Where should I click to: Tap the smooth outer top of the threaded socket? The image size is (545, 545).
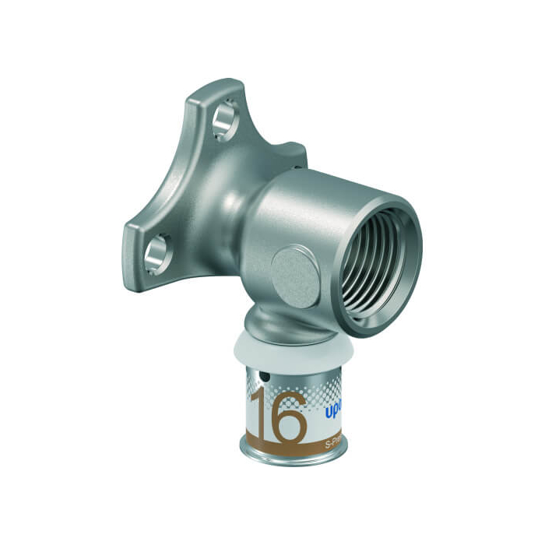point(327,187)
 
